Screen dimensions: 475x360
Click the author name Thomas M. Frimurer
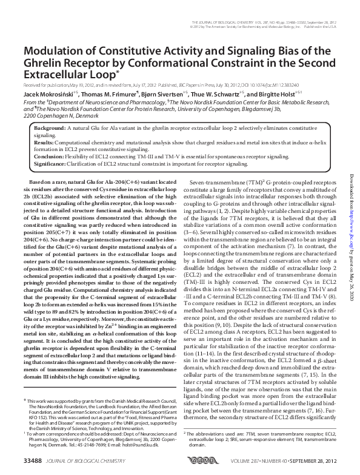(112, 95)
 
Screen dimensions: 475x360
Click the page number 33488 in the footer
(33, 464)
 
